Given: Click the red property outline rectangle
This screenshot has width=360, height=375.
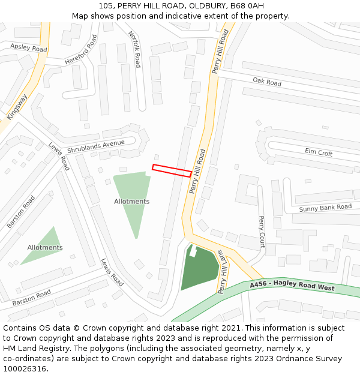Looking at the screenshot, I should click(x=172, y=170).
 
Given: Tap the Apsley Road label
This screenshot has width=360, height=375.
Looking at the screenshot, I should click(x=28, y=47).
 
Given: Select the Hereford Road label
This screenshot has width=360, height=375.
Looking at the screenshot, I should click(x=81, y=50).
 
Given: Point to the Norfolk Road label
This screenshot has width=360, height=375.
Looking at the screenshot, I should click(x=134, y=49).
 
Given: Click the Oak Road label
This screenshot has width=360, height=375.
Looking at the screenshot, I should click(x=266, y=82).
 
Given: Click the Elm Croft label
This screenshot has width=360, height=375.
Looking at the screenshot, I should click(x=318, y=152).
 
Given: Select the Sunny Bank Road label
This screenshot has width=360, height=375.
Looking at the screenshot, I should click(x=325, y=208).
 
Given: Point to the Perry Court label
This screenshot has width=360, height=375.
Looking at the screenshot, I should click(x=262, y=232).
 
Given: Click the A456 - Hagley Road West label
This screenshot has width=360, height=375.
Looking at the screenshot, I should click(x=292, y=287).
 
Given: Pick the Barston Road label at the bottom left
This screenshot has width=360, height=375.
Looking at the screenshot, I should click(x=32, y=296).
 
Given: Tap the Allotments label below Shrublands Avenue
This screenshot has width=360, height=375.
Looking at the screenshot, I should click(x=132, y=202).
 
